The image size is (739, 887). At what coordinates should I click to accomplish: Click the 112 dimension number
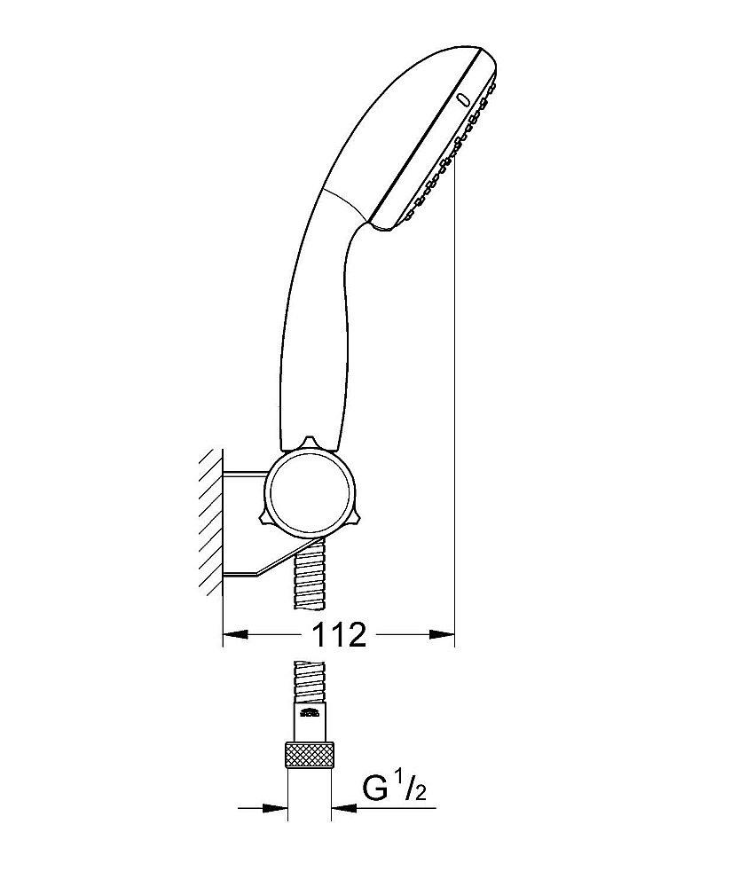click(339, 635)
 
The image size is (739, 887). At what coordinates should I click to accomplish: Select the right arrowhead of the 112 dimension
click(442, 635)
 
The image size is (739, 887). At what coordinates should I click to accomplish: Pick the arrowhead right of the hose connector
click(344, 808)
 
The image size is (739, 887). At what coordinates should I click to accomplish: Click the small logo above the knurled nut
click(309, 713)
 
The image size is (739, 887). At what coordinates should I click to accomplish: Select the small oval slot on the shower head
click(462, 99)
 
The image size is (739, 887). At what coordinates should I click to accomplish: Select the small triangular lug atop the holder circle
click(309, 441)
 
